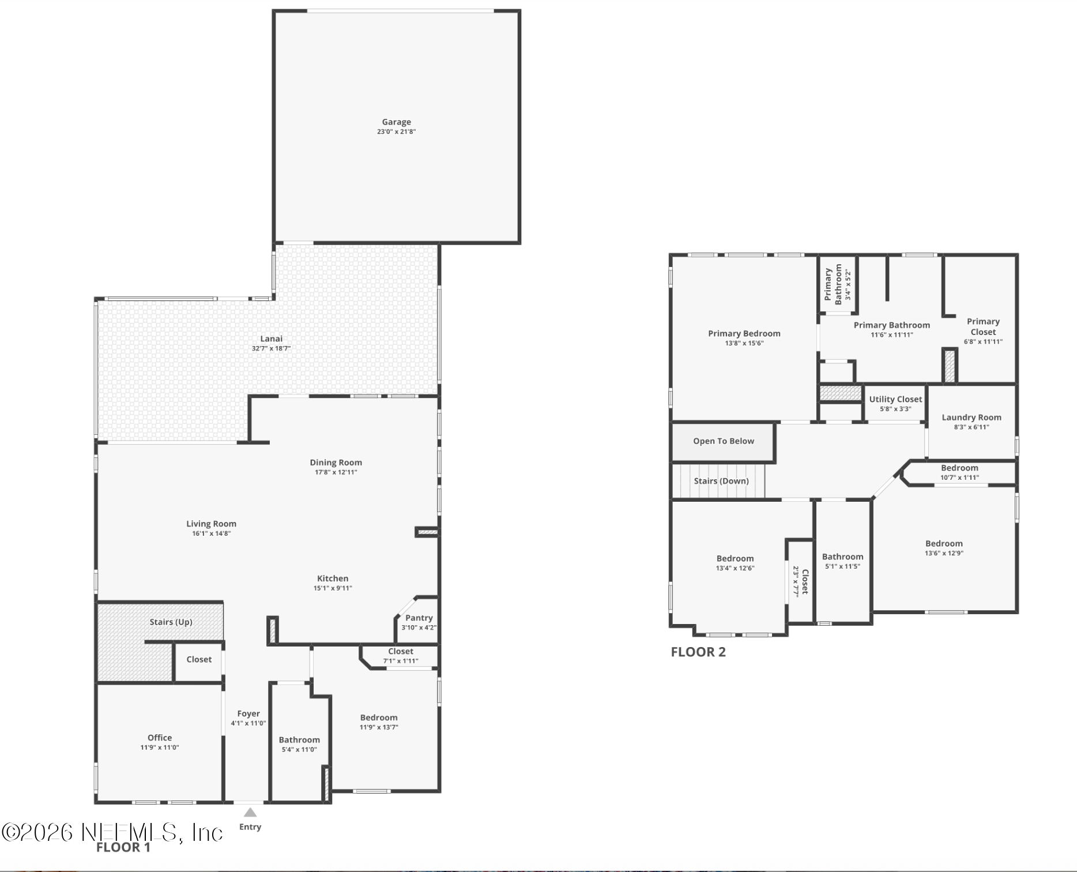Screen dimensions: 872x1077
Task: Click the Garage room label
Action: click(x=396, y=122)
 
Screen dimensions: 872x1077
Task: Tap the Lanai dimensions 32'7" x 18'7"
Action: click(x=271, y=348)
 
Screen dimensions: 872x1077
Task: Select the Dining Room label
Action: click(x=336, y=463)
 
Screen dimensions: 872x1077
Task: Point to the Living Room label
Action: click(x=211, y=524)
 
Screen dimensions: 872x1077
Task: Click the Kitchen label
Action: click(x=333, y=578)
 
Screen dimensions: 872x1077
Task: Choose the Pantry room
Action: click(x=419, y=622)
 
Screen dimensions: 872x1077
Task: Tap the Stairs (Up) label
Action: click(x=171, y=622)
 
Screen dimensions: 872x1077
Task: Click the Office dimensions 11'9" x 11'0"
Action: click(x=160, y=747)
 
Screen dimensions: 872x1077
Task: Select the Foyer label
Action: click(x=248, y=713)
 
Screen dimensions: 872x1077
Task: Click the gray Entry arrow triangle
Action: click(x=250, y=813)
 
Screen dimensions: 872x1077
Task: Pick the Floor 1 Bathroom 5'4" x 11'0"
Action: click(x=299, y=745)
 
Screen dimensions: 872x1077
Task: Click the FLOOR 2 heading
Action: click(x=698, y=652)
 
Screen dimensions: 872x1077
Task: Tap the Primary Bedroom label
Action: click(x=744, y=333)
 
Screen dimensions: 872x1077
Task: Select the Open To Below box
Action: click(x=723, y=441)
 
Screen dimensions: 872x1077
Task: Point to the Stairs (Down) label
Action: click(x=721, y=481)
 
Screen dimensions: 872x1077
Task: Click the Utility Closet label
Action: click(x=895, y=399)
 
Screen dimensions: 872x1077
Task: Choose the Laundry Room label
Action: click(x=971, y=418)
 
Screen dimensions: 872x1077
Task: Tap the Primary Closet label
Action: click(x=983, y=326)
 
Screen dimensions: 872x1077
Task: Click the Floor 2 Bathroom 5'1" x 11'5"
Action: click(x=842, y=561)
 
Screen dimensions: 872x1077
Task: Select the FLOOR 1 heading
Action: click(x=123, y=847)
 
